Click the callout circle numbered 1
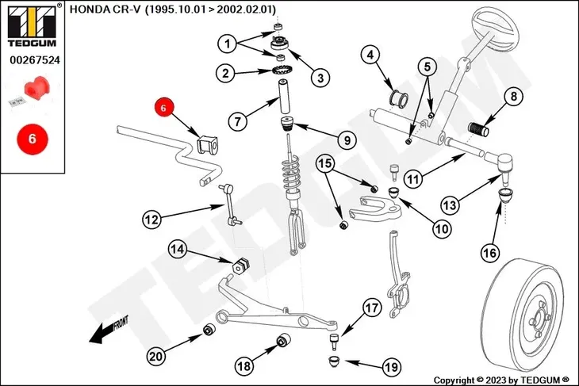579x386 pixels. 228,43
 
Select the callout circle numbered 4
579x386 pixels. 370,55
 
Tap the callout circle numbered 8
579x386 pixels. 513,97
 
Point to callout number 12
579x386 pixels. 153,217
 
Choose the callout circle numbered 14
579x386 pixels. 178,250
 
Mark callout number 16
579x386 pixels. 489,254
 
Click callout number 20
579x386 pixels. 156,357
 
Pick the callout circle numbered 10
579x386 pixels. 441,228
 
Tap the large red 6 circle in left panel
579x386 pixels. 33,137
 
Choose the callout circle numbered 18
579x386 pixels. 245,366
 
